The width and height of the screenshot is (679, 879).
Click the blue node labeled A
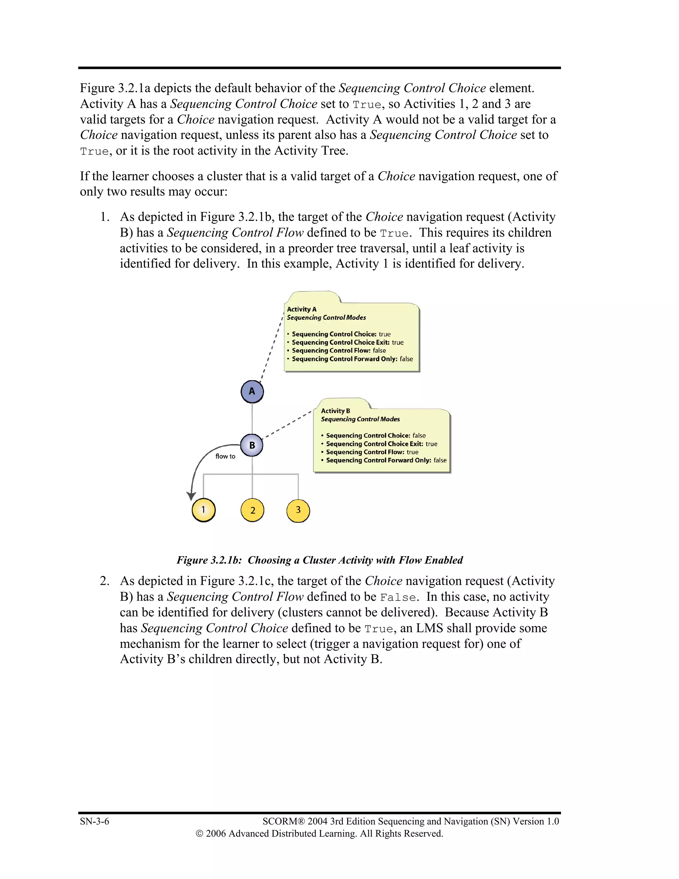252,391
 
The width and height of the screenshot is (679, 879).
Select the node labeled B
252,445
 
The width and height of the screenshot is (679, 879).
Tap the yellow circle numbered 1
204,510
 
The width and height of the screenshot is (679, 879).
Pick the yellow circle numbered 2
252,510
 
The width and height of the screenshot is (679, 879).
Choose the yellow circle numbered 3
298,510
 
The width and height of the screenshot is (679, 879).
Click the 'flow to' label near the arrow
225,456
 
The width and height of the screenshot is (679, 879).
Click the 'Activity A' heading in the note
302,309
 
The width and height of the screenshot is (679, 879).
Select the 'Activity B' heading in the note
336,411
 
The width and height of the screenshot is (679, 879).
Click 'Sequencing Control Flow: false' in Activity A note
339,351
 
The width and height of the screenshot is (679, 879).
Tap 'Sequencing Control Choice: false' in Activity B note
376,436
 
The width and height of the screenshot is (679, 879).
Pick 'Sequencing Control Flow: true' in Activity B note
372,452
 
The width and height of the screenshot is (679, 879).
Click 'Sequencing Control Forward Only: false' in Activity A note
352,359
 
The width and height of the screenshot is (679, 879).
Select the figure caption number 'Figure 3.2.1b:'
209,560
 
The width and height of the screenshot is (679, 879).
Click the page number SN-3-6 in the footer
94,821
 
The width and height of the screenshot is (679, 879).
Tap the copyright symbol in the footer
199,834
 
